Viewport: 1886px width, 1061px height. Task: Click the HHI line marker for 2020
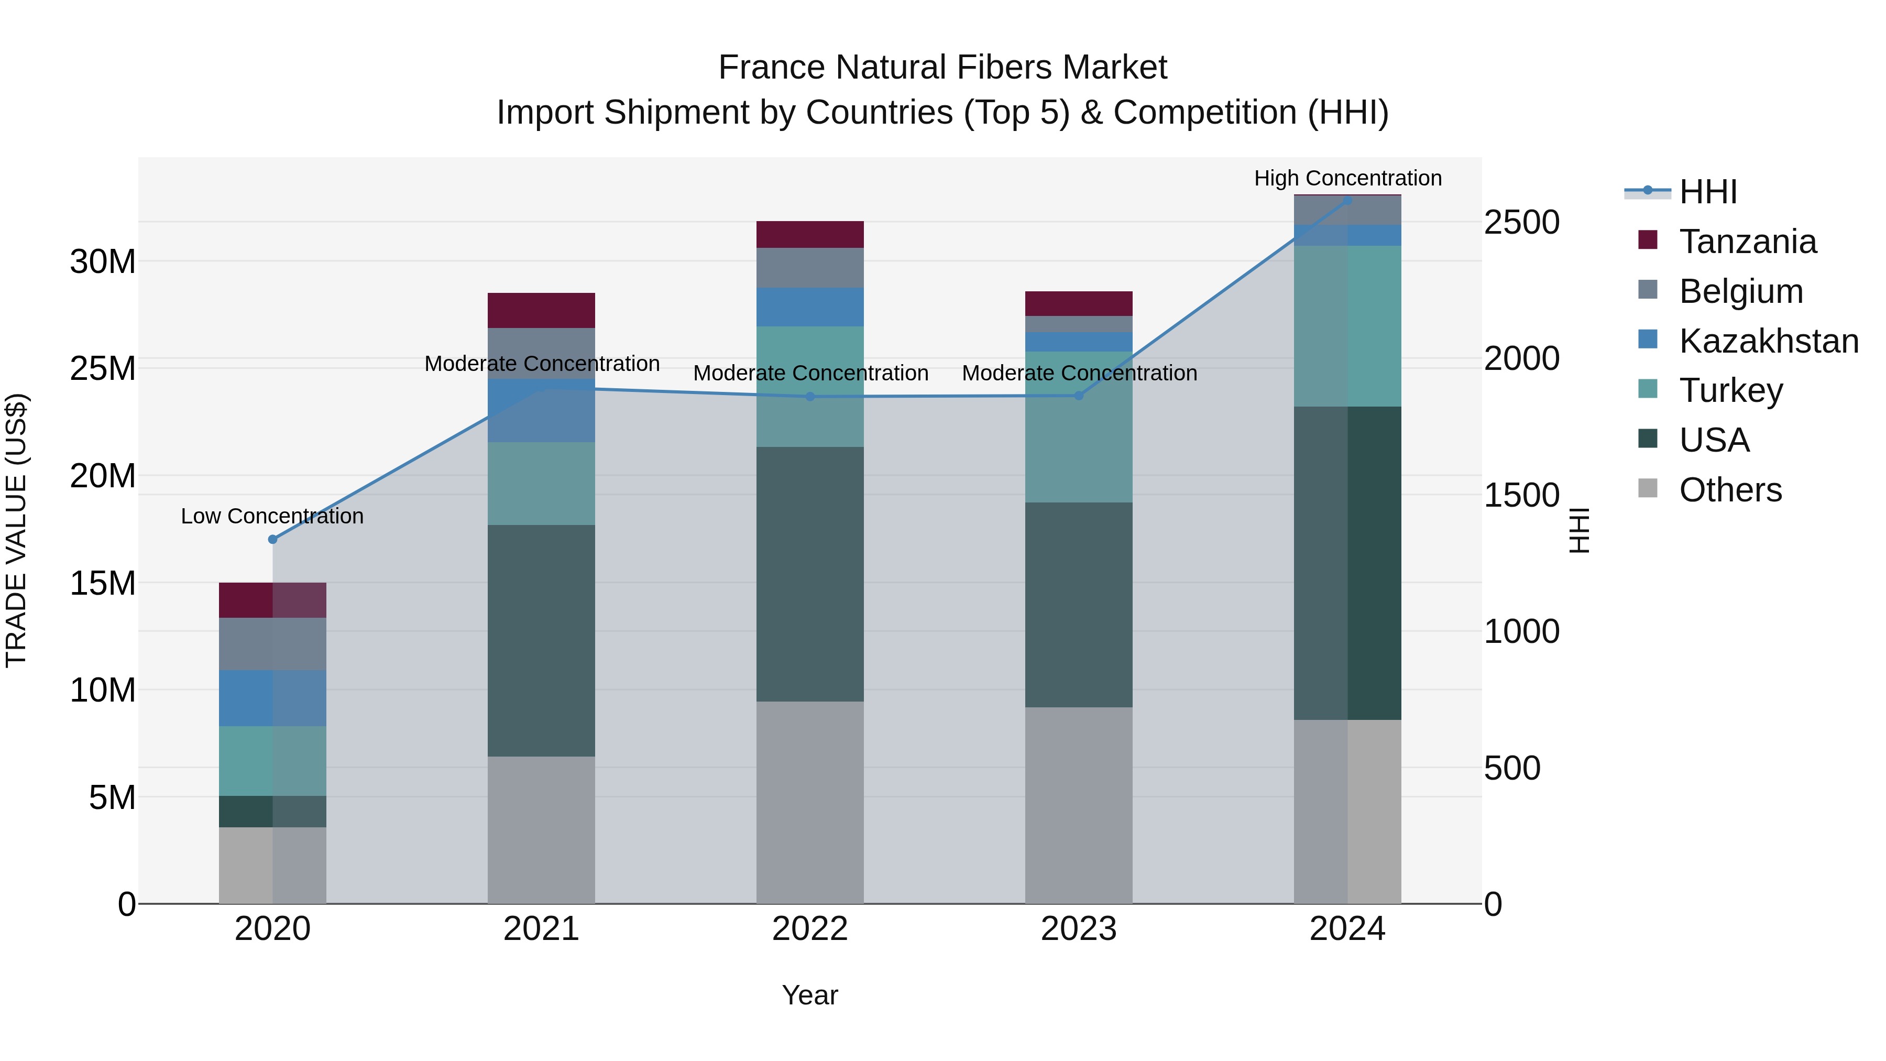(x=272, y=540)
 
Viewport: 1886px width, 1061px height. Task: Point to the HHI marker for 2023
(x=1079, y=396)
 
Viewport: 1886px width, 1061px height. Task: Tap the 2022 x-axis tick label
(x=810, y=929)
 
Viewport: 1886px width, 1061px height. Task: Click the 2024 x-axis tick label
(x=1347, y=929)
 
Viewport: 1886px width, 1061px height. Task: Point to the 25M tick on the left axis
(x=103, y=368)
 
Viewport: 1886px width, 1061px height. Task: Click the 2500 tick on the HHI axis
(x=1521, y=223)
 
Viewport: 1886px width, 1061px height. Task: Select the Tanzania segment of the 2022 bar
(x=810, y=234)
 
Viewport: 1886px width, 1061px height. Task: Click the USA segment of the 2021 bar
(x=541, y=641)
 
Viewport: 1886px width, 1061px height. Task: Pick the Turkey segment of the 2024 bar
(x=1347, y=326)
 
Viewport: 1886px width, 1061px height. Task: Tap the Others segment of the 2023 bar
(x=1079, y=805)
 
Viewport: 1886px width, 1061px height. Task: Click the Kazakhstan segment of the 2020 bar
(x=272, y=698)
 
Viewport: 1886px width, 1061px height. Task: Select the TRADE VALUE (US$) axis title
(x=16, y=530)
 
